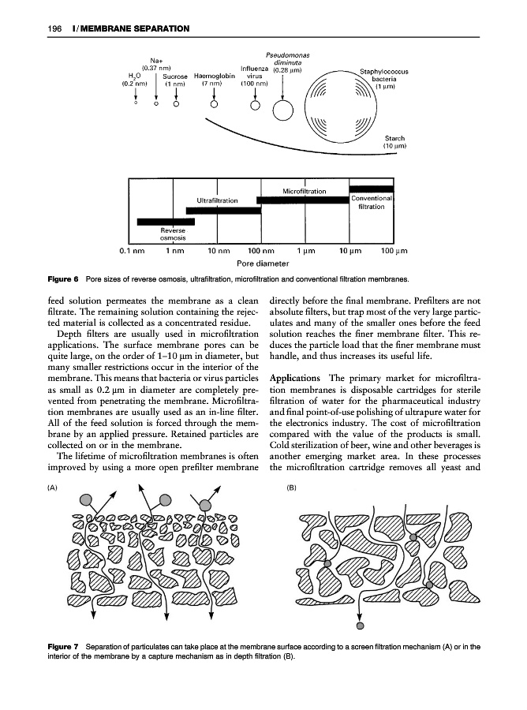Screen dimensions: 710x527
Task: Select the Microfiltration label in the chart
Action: [x=304, y=191]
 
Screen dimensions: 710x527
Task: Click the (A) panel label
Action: [x=53, y=488]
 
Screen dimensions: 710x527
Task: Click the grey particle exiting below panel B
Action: [x=361, y=627]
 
